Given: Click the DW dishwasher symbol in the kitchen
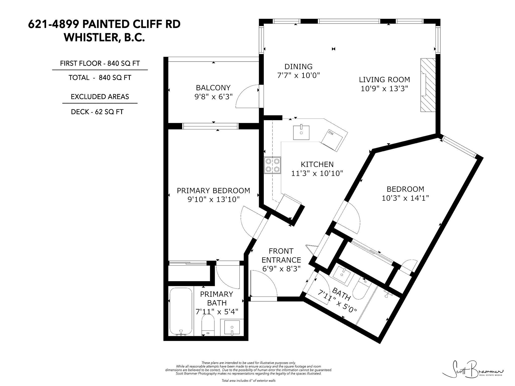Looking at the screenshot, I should pos(334,139).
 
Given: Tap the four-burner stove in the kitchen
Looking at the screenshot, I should pos(272,165).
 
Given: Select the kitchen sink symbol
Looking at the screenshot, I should pos(301,132).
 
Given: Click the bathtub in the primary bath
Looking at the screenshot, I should pos(181,312).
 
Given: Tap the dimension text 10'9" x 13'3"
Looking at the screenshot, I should pos(384,89).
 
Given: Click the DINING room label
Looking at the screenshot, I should pos(298,67).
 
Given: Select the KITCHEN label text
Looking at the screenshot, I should pos(317,164).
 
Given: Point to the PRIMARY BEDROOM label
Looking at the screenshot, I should pos(213,191).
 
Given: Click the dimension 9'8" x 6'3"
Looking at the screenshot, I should pos(213,97).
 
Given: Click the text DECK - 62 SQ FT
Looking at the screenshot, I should pos(97,112).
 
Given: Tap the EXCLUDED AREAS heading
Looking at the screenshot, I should pos(100,97).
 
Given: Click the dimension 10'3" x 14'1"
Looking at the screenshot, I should pos(405,198).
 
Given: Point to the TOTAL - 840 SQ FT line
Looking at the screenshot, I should pos(100,78).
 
